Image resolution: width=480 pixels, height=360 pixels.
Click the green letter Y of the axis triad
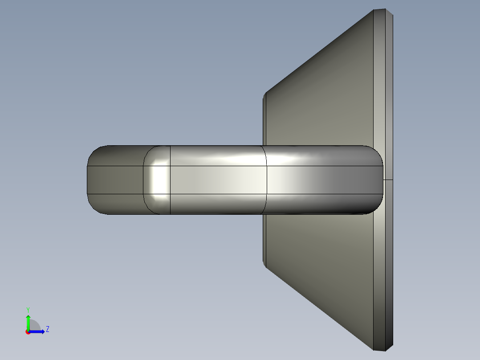click(28, 309)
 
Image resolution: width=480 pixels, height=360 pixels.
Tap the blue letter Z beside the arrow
click(48, 329)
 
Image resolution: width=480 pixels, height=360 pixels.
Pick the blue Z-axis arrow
click(38, 331)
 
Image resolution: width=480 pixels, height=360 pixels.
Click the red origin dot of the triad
click(28, 332)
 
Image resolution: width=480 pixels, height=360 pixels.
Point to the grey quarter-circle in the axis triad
click(35, 326)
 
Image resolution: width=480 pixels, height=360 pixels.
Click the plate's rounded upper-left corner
click(265, 95)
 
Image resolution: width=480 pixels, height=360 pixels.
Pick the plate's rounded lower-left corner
click(265, 266)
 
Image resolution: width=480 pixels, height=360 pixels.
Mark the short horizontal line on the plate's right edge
click(388, 180)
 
